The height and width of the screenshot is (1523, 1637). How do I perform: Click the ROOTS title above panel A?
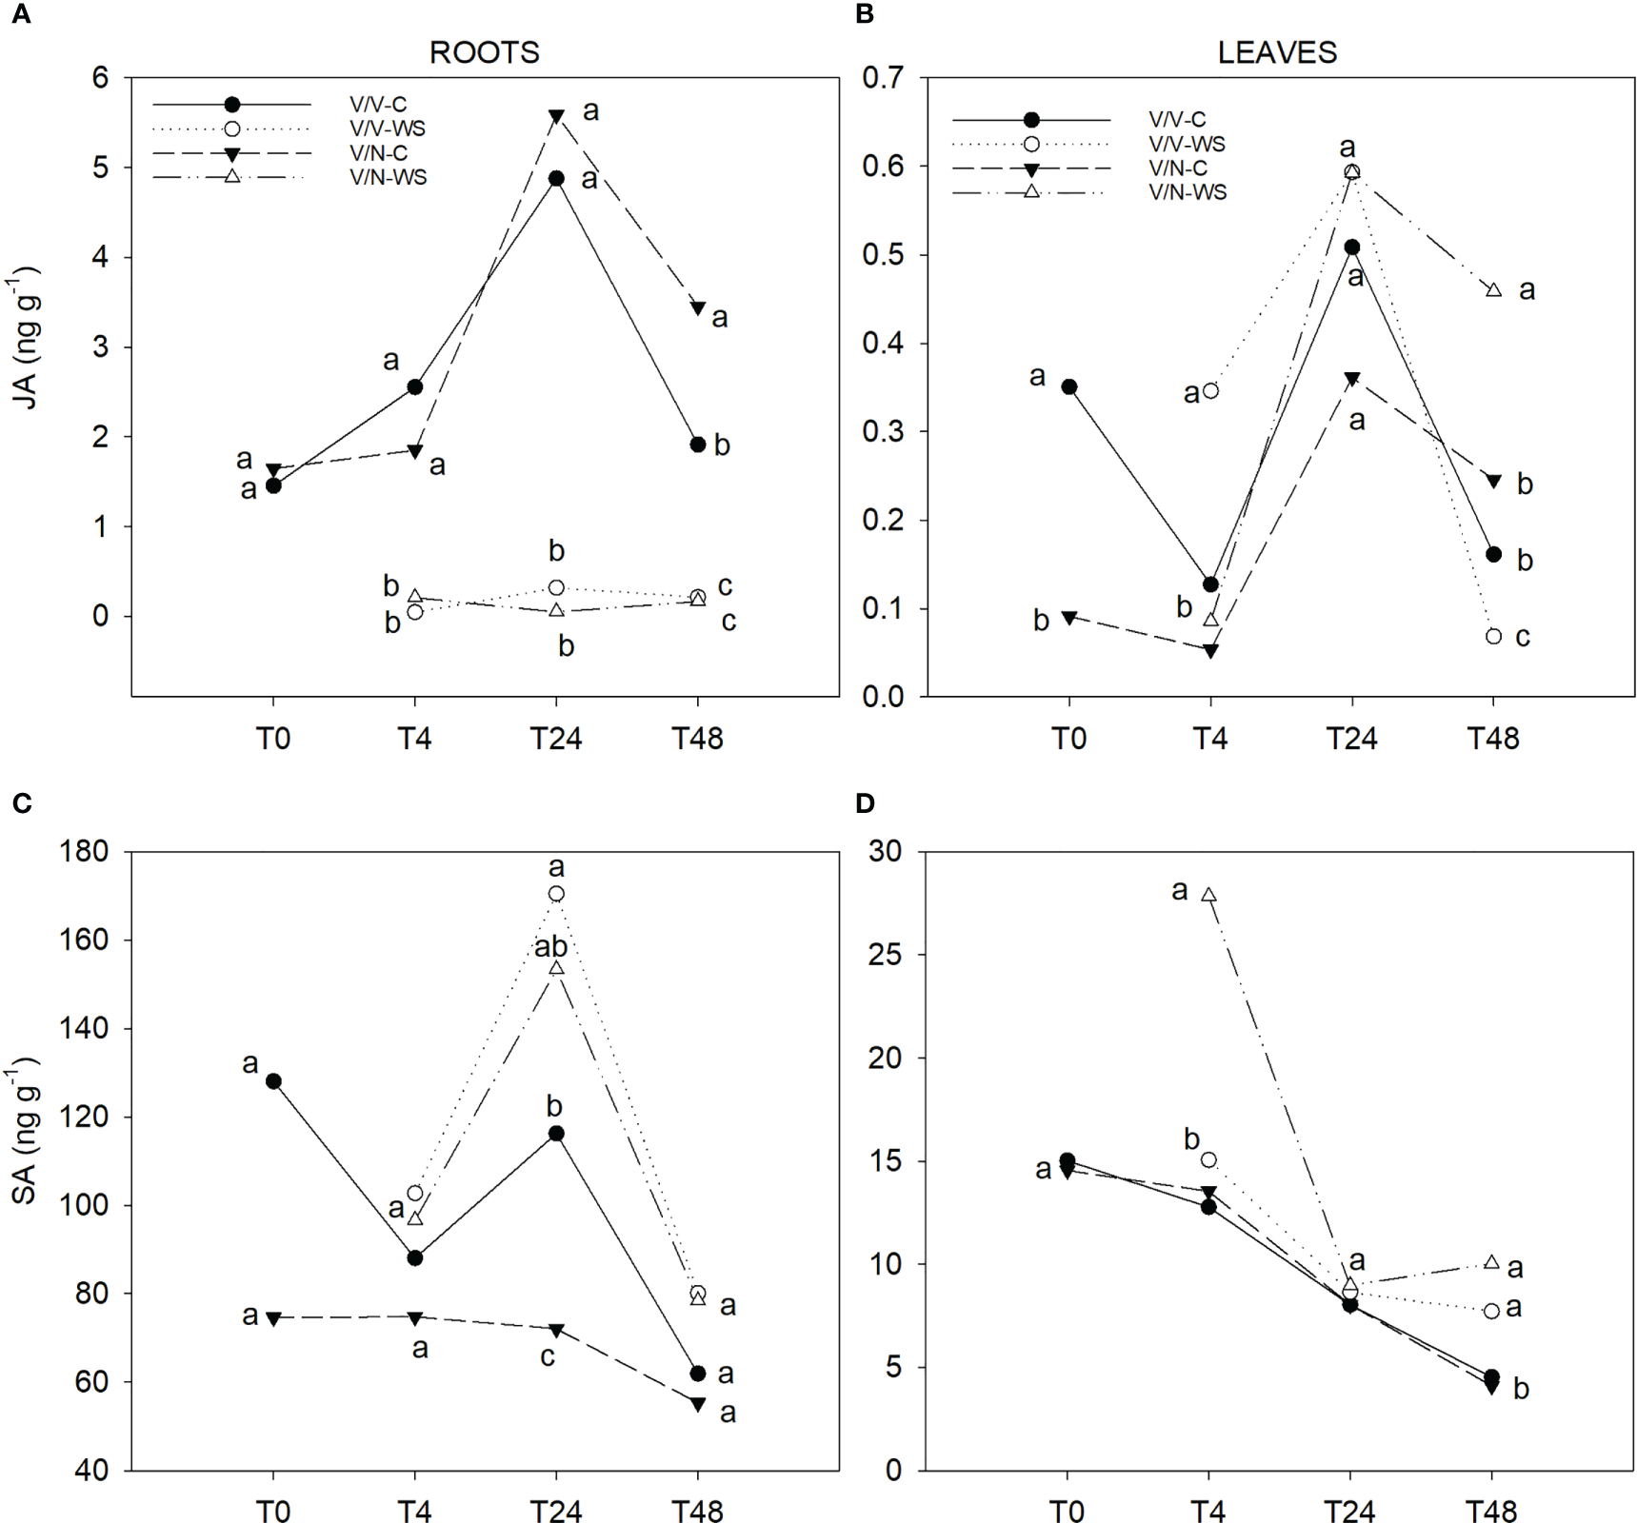(x=484, y=52)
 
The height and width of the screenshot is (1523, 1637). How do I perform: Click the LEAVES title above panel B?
(x=1276, y=52)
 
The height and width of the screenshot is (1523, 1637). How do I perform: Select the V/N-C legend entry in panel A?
(x=378, y=153)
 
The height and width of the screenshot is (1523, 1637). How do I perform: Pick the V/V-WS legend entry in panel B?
(x=1187, y=144)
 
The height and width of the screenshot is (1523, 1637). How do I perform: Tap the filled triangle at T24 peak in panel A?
(x=556, y=116)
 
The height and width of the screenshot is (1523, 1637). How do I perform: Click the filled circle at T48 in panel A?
(x=697, y=445)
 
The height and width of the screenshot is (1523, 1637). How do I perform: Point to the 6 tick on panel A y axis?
(x=100, y=77)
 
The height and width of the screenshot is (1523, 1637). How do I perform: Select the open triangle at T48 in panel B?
(x=1493, y=289)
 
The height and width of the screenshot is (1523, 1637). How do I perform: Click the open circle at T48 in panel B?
(x=1493, y=636)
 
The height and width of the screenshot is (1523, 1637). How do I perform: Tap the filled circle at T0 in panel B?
(x=1068, y=386)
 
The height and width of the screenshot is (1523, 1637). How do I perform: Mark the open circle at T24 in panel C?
(x=556, y=894)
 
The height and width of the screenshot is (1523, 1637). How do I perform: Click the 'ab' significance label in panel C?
(x=550, y=947)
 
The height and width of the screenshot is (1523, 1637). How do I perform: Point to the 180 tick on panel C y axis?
(x=84, y=851)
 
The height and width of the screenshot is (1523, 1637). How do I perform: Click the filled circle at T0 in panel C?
(x=273, y=1081)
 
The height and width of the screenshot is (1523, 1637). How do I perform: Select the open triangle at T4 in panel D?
(x=1208, y=895)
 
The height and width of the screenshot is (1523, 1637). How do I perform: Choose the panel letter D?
(x=864, y=803)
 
